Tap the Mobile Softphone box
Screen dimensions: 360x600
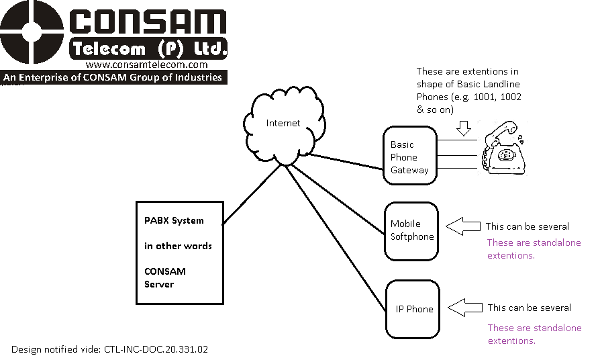(x=411, y=230)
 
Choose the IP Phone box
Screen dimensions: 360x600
(x=411, y=309)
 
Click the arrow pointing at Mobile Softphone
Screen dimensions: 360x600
(x=464, y=226)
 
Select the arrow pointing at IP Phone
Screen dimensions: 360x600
(x=465, y=308)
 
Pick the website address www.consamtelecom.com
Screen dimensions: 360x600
(x=147, y=64)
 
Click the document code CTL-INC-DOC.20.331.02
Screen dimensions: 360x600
(x=160, y=349)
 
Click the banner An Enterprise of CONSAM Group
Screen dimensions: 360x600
(x=113, y=77)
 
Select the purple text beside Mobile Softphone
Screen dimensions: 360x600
(x=534, y=249)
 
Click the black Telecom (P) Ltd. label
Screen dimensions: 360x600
(x=148, y=48)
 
